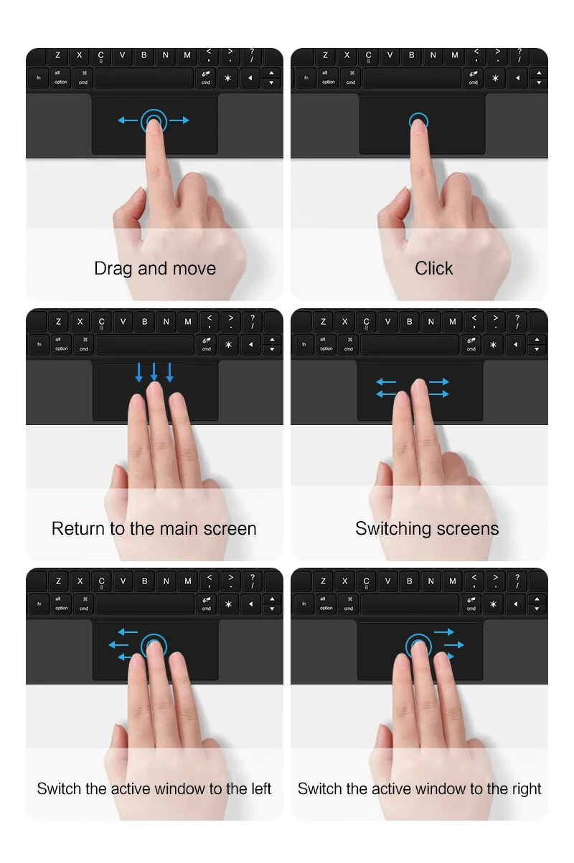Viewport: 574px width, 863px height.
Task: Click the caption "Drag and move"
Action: coord(155,269)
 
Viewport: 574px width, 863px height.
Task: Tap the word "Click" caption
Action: coord(433,268)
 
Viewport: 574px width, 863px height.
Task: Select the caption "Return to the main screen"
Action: coord(154,528)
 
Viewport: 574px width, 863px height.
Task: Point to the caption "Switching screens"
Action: coord(427,529)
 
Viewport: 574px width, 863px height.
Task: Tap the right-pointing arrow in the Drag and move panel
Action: coord(179,120)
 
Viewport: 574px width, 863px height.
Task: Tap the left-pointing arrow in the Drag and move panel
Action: coord(128,120)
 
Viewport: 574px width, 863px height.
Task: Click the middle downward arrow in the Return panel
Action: coord(154,372)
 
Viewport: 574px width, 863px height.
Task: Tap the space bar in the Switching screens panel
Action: coord(409,344)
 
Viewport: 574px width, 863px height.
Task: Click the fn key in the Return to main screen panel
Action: coord(39,344)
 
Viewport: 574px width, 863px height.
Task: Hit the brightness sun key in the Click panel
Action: coord(495,78)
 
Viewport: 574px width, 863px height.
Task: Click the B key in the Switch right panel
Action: coord(409,581)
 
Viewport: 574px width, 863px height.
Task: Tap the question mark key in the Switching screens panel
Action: coord(517,321)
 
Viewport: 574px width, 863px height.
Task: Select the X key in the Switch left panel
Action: coord(80,581)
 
